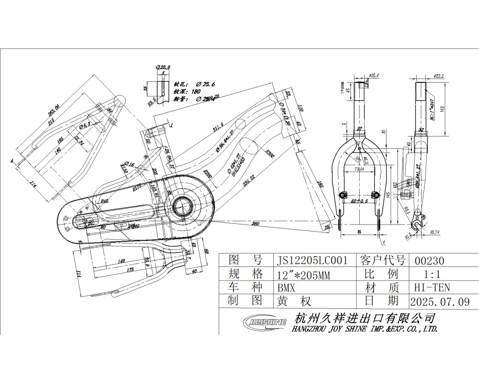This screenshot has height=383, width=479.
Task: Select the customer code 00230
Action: tap(430, 261)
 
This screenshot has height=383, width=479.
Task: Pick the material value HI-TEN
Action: tap(432, 287)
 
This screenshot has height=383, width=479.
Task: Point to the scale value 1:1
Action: tap(432, 274)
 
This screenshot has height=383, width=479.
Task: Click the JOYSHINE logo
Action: tap(265, 322)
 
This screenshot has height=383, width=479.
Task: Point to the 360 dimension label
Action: tap(255, 224)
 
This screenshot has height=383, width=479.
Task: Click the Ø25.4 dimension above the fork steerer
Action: tap(374, 75)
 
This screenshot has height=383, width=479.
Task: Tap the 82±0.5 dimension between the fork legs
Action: tap(359, 201)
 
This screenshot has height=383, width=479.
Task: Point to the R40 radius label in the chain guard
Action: tap(104, 201)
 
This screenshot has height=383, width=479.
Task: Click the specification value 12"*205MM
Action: tap(303, 274)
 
